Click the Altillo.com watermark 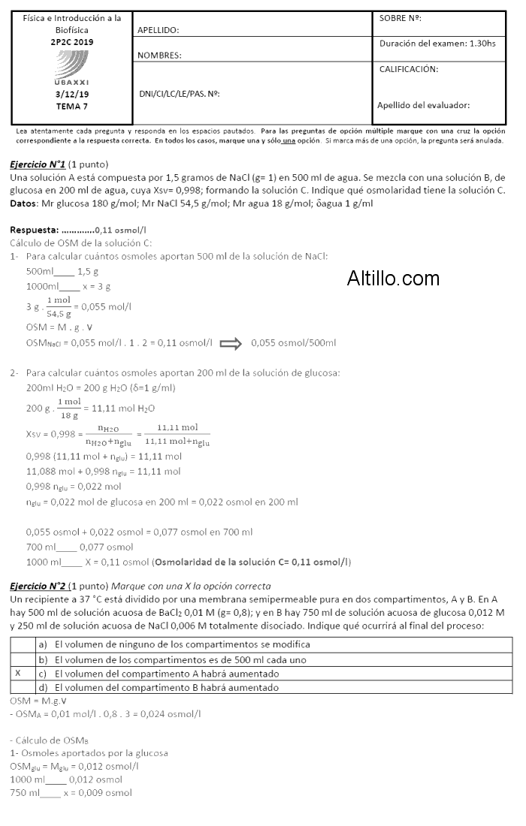tap(393, 279)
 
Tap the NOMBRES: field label tap(159, 56)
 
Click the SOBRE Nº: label tap(400, 18)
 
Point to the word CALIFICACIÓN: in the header tap(409, 69)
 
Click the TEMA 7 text tap(72, 106)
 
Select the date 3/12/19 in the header tap(72, 95)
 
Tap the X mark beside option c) tap(18, 674)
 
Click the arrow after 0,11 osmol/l tap(230, 343)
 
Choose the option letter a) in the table tap(43, 644)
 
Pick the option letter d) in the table tap(43, 688)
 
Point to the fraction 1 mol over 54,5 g tap(59, 306)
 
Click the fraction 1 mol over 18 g tap(69, 408)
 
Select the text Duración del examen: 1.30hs tap(437, 44)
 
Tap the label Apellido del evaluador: tap(423, 105)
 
